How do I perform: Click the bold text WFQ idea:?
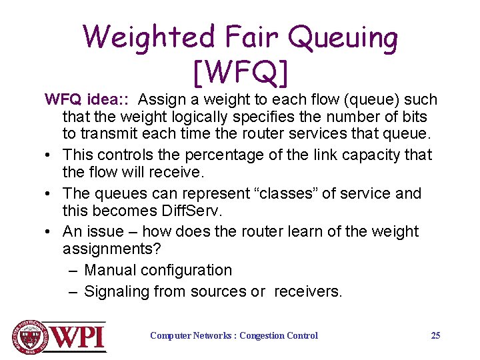point(87,100)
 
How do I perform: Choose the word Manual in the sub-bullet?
point(111,270)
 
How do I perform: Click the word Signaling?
point(117,291)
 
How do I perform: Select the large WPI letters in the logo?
point(79,337)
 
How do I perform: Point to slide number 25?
point(435,335)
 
